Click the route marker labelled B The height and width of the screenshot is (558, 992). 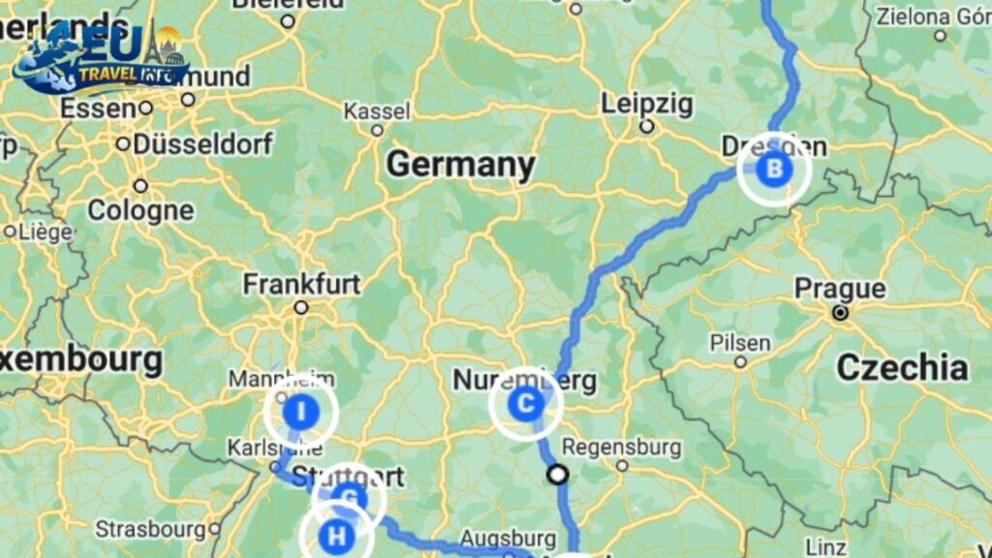click(x=774, y=170)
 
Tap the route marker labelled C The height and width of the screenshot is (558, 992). click(x=526, y=404)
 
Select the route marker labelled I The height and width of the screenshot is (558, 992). click(x=300, y=412)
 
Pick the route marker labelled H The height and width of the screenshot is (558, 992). click(x=336, y=535)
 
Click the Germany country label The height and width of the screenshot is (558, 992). click(x=460, y=166)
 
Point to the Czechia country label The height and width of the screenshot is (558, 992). click(x=902, y=367)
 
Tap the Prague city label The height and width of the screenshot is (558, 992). click(x=840, y=289)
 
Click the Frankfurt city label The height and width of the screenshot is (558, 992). click(x=301, y=284)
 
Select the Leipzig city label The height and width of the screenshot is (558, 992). click(x=646, y=104)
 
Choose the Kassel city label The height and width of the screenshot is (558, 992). click(x=377, y=111)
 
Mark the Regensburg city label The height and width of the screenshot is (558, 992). click(x=622, y=448)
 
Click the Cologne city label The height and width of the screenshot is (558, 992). click(x=140, y=210)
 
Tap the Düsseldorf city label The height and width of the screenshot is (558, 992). click(x=202, y=144)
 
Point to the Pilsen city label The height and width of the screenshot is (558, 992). click(x=740, y=343)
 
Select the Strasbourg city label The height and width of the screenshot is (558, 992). click(x=150, y=530)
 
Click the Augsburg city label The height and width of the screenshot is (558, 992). click(x=508, y=538)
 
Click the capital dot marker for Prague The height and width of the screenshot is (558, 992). click(x=840, y=313)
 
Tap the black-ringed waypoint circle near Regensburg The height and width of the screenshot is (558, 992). click(x=557, y=474)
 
